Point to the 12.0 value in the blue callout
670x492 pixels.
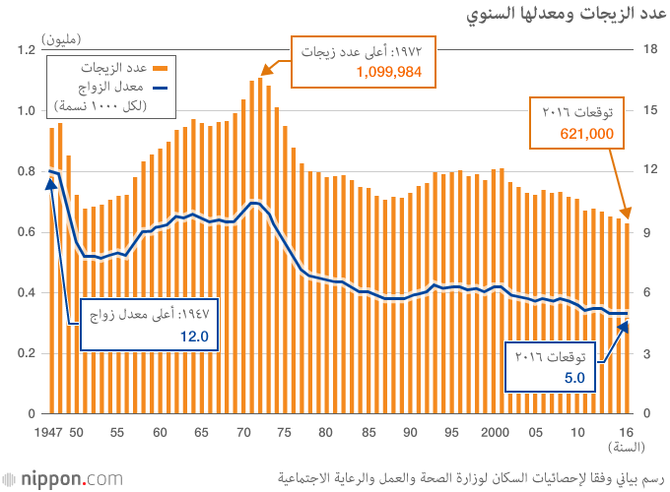coord(195,337)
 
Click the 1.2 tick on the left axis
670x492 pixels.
coord(26,49)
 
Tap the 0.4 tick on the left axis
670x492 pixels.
coord(26,292)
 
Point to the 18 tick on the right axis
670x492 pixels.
coord(649,49)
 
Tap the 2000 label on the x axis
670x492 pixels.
coord(494,432)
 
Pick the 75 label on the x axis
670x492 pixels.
coord(285,432)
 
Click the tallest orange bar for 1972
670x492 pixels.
coord(260,246)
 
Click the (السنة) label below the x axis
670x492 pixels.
coord(625,448)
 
